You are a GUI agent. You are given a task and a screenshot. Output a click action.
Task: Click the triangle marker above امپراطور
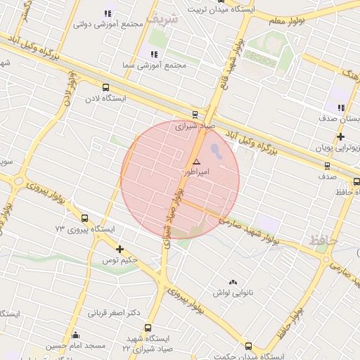[195, 162]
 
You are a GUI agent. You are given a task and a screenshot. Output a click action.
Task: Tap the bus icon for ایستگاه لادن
[105, 88]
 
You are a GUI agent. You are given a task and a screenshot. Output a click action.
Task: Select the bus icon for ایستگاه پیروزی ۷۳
[84, 218]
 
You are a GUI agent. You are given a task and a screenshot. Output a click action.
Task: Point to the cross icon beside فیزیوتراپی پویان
[340, 136]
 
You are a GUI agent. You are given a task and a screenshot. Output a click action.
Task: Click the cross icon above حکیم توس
[120, 248]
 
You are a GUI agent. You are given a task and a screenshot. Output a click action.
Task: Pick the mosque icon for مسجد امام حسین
[75, 335]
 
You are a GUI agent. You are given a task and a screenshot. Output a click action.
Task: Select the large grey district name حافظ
[324, 240]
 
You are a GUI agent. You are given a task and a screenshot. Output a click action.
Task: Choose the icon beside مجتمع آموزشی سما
[153, 54]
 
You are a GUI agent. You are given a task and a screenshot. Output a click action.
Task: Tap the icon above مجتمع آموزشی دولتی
[108, 13]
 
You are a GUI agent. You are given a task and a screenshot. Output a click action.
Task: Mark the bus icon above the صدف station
[327, 166]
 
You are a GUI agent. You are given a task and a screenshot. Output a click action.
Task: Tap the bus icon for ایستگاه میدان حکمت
[248, 345]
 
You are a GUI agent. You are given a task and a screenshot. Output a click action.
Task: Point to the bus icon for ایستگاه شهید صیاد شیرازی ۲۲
[148, 328]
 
